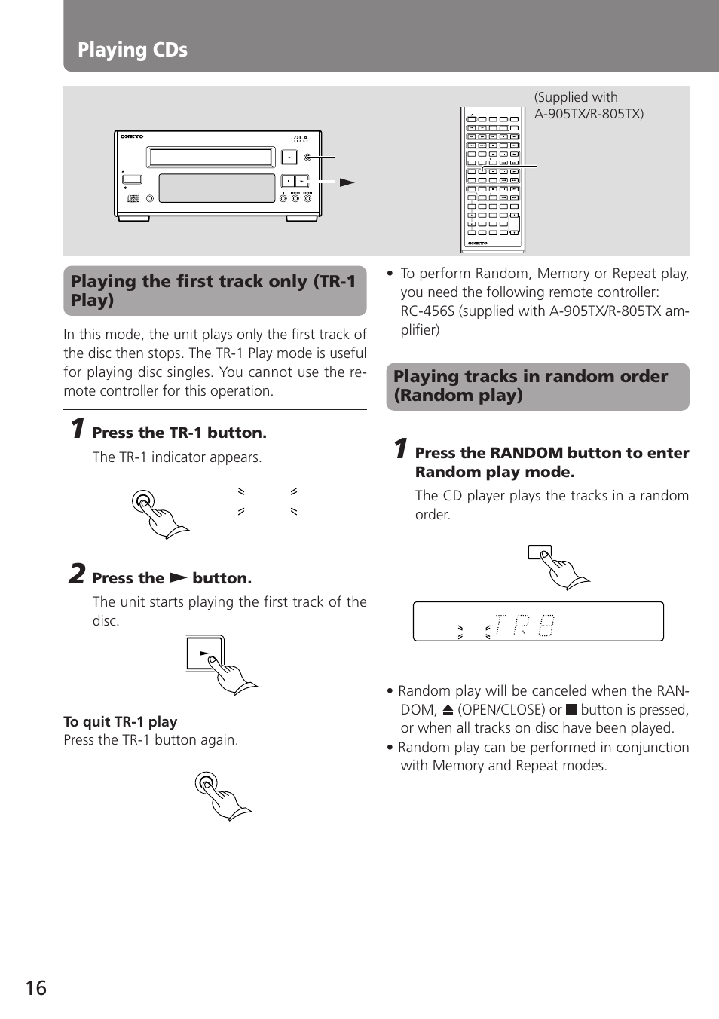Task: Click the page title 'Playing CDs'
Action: (x=133, y=50)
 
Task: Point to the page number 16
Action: (x=36, y=988)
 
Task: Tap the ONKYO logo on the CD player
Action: (x=132, y=137)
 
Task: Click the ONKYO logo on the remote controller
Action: (x=478, y=243)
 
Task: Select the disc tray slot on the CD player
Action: (x=210, y=157)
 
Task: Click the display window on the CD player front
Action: (x=217, y=188)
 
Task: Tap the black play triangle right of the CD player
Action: (x=347, y=182)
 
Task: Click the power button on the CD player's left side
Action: (x=131, y=179)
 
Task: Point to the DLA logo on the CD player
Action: (x=301, y=138)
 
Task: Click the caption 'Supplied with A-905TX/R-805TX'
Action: (x=589, y=106)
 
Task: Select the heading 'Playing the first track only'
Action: (x=214, y=290)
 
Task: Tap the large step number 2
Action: (x=76, y=574)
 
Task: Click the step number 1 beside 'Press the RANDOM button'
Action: (x=401, y=449)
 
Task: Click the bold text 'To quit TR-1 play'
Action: (x=121, y=721)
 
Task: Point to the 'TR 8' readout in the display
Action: (x=525, y=625)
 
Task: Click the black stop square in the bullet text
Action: (x=571, y=709)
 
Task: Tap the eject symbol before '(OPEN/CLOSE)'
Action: (x=448, y=709)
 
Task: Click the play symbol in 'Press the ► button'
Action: (x=178, y=578)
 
